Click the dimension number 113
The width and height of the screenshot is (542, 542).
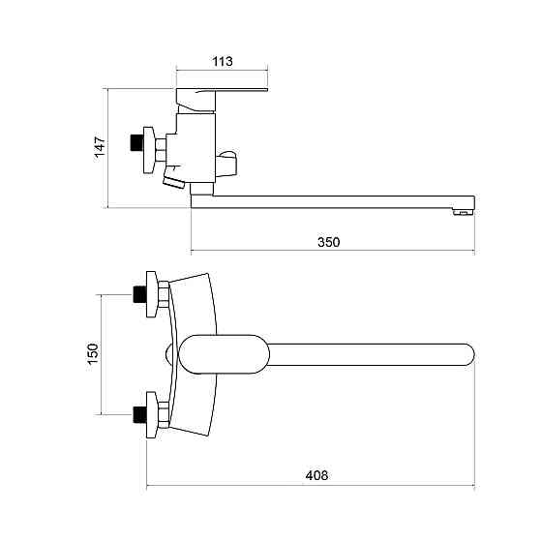click(223, 62)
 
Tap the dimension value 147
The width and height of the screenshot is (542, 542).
click(100, 147)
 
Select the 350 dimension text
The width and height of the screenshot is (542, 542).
click(329, 242)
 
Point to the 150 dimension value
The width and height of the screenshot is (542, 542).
click(93, 353)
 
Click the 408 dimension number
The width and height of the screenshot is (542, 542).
click(316, 475)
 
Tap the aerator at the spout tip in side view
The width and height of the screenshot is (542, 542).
click(463, 212)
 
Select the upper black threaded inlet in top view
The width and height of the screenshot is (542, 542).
click(140, 294)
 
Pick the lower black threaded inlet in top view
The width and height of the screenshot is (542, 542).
click(140, 415)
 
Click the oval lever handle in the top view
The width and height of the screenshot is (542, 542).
click(224, 354)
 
